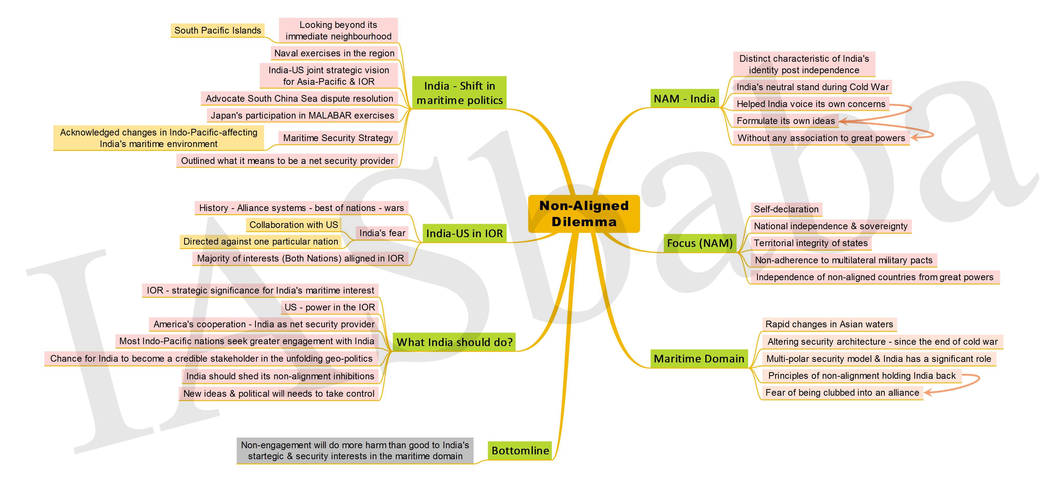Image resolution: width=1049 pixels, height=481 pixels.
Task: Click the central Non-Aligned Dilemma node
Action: (x=584, y=214)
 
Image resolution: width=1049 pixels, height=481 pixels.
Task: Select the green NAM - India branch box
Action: (x=685, y=99)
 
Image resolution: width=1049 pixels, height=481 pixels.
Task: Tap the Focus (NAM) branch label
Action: (x=700, y=243)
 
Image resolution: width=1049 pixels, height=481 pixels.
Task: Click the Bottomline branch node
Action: (x=520, y=451)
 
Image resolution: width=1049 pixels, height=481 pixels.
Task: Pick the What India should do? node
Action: (x=455, y=342)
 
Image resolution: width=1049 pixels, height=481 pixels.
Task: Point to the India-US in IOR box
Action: (x=464, y=233)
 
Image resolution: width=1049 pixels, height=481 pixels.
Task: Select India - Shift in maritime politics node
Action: (x=459, y=93)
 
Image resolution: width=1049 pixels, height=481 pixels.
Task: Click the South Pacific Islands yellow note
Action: (x=217, y=30)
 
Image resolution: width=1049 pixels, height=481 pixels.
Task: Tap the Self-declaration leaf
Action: (x=786, y=209)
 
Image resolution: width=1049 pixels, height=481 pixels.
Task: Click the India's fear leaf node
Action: (x=382, y=233)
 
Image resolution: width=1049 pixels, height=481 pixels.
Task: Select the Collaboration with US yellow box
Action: (x=293, y=225)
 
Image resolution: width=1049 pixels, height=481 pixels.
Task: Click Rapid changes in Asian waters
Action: (x=829, y=325)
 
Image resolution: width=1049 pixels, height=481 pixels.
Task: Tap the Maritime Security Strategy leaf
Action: (x=338, y=138)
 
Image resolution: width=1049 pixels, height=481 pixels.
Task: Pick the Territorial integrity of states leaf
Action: (x=810, y=243)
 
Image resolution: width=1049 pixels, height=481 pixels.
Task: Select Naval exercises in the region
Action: (x=334, y=53)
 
